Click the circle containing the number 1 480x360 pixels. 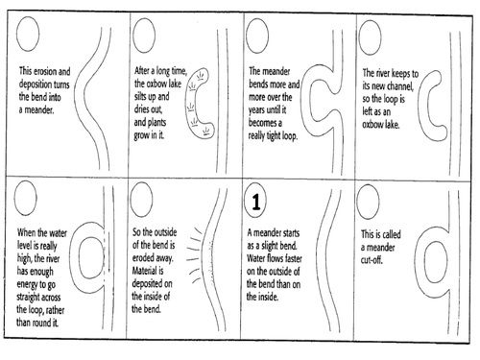click(x=256, y=202)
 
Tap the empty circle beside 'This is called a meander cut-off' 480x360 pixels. click(x=368, y=202)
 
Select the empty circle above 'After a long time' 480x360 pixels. click(x=144, y=36)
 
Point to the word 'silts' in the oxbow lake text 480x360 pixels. click(x=142, y=96)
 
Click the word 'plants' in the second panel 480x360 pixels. click(x=156, y=123)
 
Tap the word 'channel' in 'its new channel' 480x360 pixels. click(x=399, y=86)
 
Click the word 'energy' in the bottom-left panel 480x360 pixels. click(x=27, y=284)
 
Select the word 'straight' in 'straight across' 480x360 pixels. click(x=28, y=298)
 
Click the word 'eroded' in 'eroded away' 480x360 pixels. click(x=143, y=258)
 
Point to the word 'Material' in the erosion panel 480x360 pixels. click(x=144, y=271)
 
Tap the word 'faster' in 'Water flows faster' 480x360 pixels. click(x=292, y=258)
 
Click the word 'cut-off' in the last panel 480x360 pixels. click(x=372, y=260)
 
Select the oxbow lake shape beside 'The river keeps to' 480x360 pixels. click(x=421, y=106)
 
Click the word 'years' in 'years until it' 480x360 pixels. click(x=257, y=110)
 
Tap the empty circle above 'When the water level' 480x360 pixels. click(x=26, y=198)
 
